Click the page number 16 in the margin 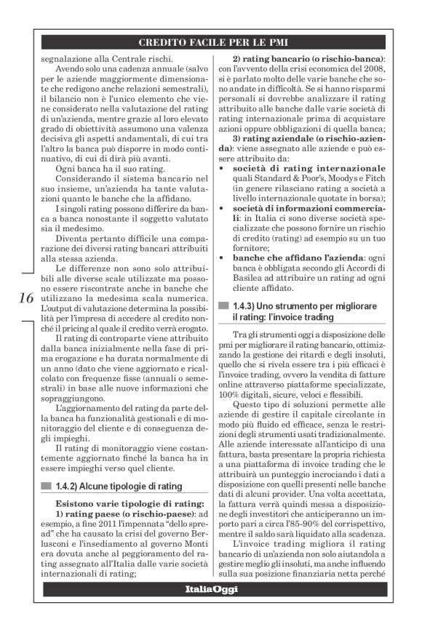(x=23, y=298)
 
